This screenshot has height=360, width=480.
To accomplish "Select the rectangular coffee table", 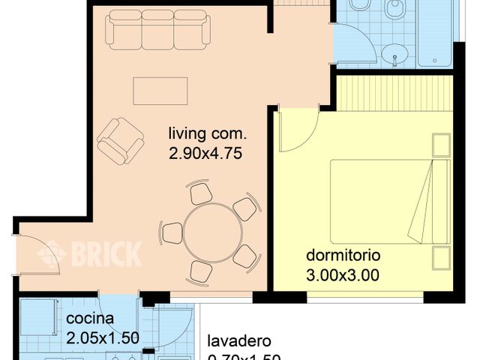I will tap(160, 91).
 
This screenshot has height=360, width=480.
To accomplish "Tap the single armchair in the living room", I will tap(120, 140).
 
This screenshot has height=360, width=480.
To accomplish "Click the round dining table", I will tap(210, 232).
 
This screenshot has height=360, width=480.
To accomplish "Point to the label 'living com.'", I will tap(207, 135).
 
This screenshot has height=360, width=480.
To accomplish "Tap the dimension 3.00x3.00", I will tap(342, 274).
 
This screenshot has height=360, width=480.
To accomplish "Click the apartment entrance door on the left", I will tap(34, 251).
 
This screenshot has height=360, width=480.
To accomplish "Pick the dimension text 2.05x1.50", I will tap(103, 337).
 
